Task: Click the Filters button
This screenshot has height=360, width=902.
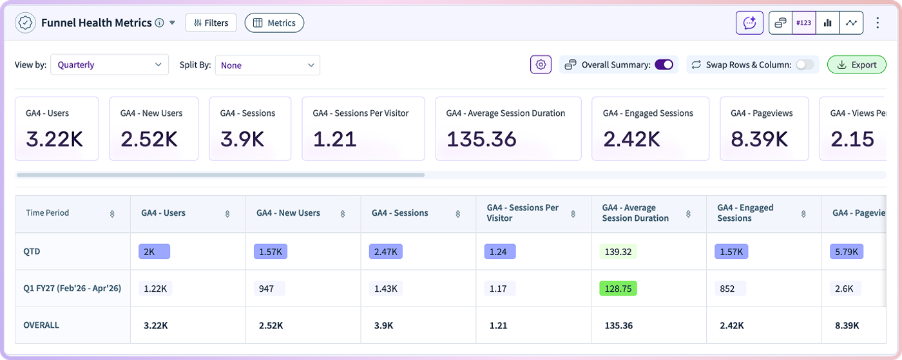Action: click(x=211, y=23)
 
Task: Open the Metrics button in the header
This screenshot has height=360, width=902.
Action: click(x=274, y=23)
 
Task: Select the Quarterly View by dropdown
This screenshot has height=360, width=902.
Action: click(x=109, y=65)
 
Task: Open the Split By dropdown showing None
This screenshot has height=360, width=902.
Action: click(x=267, y=65)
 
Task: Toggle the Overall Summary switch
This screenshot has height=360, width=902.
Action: click(x=664, y=65)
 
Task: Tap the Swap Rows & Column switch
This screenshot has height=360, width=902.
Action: click(x=805, y=65)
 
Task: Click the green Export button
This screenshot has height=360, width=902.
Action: click(x=856, y=65)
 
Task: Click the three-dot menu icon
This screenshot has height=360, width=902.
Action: click(x=878, y=23)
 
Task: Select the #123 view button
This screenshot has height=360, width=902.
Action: click(x=804, y=23)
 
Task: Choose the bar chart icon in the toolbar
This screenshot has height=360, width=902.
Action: click(x=827, y=23)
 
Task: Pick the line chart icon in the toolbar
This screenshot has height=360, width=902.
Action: click(x=851, y=23)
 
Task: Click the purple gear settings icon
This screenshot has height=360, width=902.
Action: click(x=541, y=65)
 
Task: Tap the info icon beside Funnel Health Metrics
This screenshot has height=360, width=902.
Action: click(x=160, y=23)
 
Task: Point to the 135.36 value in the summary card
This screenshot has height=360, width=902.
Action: click(x=481, y=139)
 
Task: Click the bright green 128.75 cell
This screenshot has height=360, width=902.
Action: click(x=618, y=289)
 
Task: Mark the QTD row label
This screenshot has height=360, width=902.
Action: click(x=32, y=252)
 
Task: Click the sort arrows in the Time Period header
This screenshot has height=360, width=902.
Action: click(x=112, y=214)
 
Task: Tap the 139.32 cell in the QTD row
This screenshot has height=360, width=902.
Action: click(x=618, y=252)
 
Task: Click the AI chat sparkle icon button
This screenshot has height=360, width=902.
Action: click(x=749, y=23)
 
